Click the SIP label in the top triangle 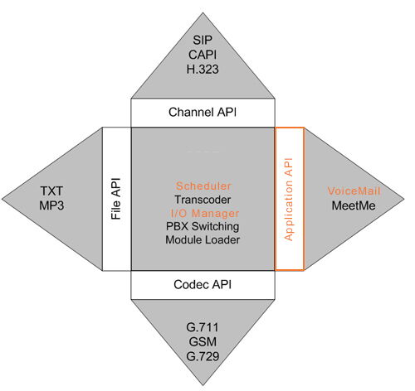click(x=203, y=41)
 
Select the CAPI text click(x=203, y=55)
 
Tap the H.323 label click(x=203, y=69)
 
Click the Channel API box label click(x=203, y=113)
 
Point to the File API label click(x=116, y=199)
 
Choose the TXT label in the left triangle click(x=51, y=191)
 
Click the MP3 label click(x=51, y=205)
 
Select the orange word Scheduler click(x=203, y=186)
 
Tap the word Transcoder click(x=203, y=200)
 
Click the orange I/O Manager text click(x=205, y=213)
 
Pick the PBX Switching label click(x=203, y=226)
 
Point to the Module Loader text click(x=203, y=239)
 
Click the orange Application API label click(x=289, y=200)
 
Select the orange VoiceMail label click(x=354, y=191)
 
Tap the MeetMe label click(x=354, y=205)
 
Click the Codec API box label click(x=203, y=284)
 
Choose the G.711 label click(x=203, y=327)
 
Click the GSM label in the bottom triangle click(x=203, y=342)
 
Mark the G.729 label click(x=203, y=356)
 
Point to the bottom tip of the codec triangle click(x=203, y=385)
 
